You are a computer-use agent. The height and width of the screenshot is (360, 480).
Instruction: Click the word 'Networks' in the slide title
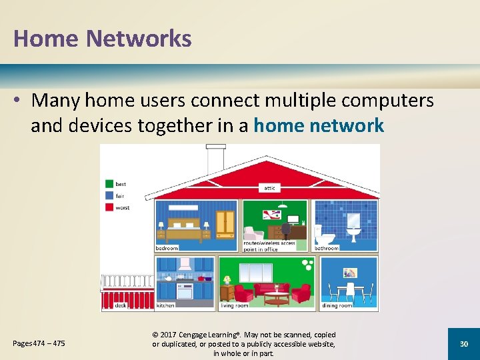[139, 39]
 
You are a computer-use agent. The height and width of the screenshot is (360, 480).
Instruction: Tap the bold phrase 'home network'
[319, 125]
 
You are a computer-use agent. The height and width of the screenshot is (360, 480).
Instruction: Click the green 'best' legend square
[109, 184]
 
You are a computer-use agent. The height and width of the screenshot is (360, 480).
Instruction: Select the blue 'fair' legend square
[109, 196]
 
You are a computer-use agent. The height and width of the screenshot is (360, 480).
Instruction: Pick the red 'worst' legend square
[109, 208]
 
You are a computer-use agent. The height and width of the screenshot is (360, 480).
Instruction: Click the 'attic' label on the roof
[269, 189]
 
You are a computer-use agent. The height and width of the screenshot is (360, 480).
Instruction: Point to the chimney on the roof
[215, 159]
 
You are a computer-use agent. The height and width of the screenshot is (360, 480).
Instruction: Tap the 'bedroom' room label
[167, 248]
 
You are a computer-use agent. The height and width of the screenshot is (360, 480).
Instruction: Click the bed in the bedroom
[183, 229]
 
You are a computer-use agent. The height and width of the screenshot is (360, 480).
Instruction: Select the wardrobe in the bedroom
[225, 225]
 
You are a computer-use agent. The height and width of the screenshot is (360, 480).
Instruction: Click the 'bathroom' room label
[327, 248]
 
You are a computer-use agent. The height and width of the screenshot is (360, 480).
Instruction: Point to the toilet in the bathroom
[325, 235]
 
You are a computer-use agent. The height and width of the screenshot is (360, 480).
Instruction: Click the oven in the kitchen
[184, 291]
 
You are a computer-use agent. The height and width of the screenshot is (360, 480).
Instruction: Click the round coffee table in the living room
[276, 297]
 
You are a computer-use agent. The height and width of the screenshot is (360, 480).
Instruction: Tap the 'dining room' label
[337, 305]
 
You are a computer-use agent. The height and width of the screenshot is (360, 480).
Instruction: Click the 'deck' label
[121, 305]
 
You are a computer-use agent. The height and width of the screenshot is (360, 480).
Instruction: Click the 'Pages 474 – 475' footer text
[39, 343]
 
